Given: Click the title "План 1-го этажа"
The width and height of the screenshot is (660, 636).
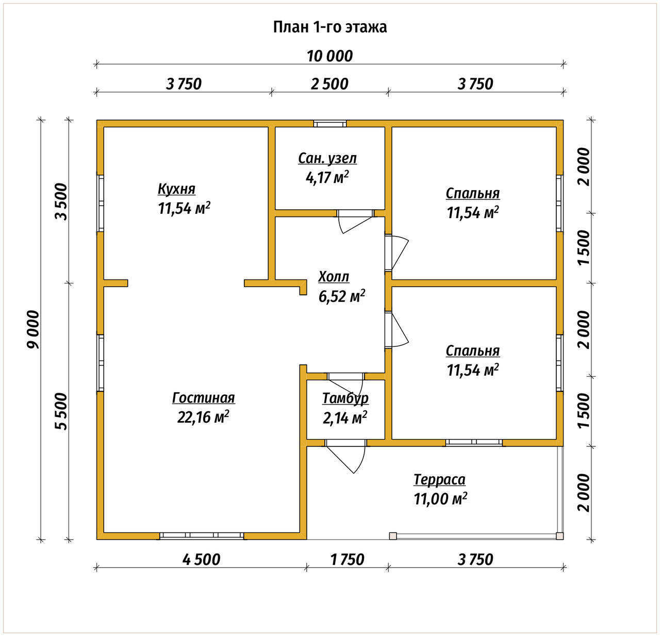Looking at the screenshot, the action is tap(329, 27).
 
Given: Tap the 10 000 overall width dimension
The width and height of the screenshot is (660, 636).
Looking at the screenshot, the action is tap(329, 56).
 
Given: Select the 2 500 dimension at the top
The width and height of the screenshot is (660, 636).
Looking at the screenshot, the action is tap(329, 84).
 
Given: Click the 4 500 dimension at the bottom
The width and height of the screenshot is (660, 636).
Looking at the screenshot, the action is tap(202, 559).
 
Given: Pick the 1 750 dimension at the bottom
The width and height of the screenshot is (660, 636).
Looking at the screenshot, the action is tap(348, 559).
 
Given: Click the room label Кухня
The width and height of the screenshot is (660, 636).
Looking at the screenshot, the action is tap(176, 189).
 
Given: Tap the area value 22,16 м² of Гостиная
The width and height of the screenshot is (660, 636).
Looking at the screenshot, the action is tap(203, 416).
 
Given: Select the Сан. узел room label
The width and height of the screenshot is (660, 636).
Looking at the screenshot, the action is tap(327, 158).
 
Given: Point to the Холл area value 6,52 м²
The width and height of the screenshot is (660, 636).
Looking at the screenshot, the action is tap(342, 296).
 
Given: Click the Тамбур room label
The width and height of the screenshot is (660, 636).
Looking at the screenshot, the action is tap(345, 398).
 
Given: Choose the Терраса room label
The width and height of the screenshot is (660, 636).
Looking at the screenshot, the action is tap(439, 479).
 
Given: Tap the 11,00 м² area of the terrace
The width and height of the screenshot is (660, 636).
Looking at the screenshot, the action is tap(440, 499).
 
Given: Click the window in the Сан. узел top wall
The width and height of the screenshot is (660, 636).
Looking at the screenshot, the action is tap(329, 123).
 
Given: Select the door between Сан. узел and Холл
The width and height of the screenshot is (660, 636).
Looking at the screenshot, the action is tap(355, 221).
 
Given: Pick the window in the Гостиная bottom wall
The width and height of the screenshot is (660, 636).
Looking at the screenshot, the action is tap(202, 535).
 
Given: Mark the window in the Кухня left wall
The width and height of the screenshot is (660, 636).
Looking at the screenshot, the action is tap(100, 203).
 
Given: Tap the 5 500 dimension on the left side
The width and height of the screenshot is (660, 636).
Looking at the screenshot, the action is tap(61, 411).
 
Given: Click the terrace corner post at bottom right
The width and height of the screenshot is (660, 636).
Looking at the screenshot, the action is tap(559, 535).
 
